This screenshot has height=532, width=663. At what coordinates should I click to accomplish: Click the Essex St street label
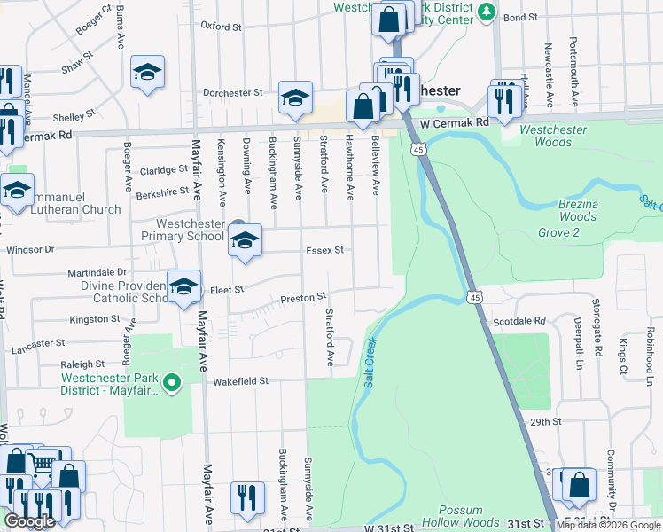(324, 251)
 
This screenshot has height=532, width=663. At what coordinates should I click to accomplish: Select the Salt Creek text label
(369, 362)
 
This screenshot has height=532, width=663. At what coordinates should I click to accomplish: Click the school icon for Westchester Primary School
(246, 240)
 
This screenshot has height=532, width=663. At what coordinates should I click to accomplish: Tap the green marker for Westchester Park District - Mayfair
(173, 383)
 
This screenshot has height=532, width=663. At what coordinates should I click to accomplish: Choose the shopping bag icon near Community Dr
(579, 485)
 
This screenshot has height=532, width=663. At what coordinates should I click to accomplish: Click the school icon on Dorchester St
(295, 98)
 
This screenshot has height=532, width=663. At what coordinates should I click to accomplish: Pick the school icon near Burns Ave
(148, 73)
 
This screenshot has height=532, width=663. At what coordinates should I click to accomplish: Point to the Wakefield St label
(240, 381)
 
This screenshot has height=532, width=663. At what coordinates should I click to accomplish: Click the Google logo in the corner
(29, 521)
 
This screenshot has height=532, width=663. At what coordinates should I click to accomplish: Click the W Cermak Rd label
(455, 123)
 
